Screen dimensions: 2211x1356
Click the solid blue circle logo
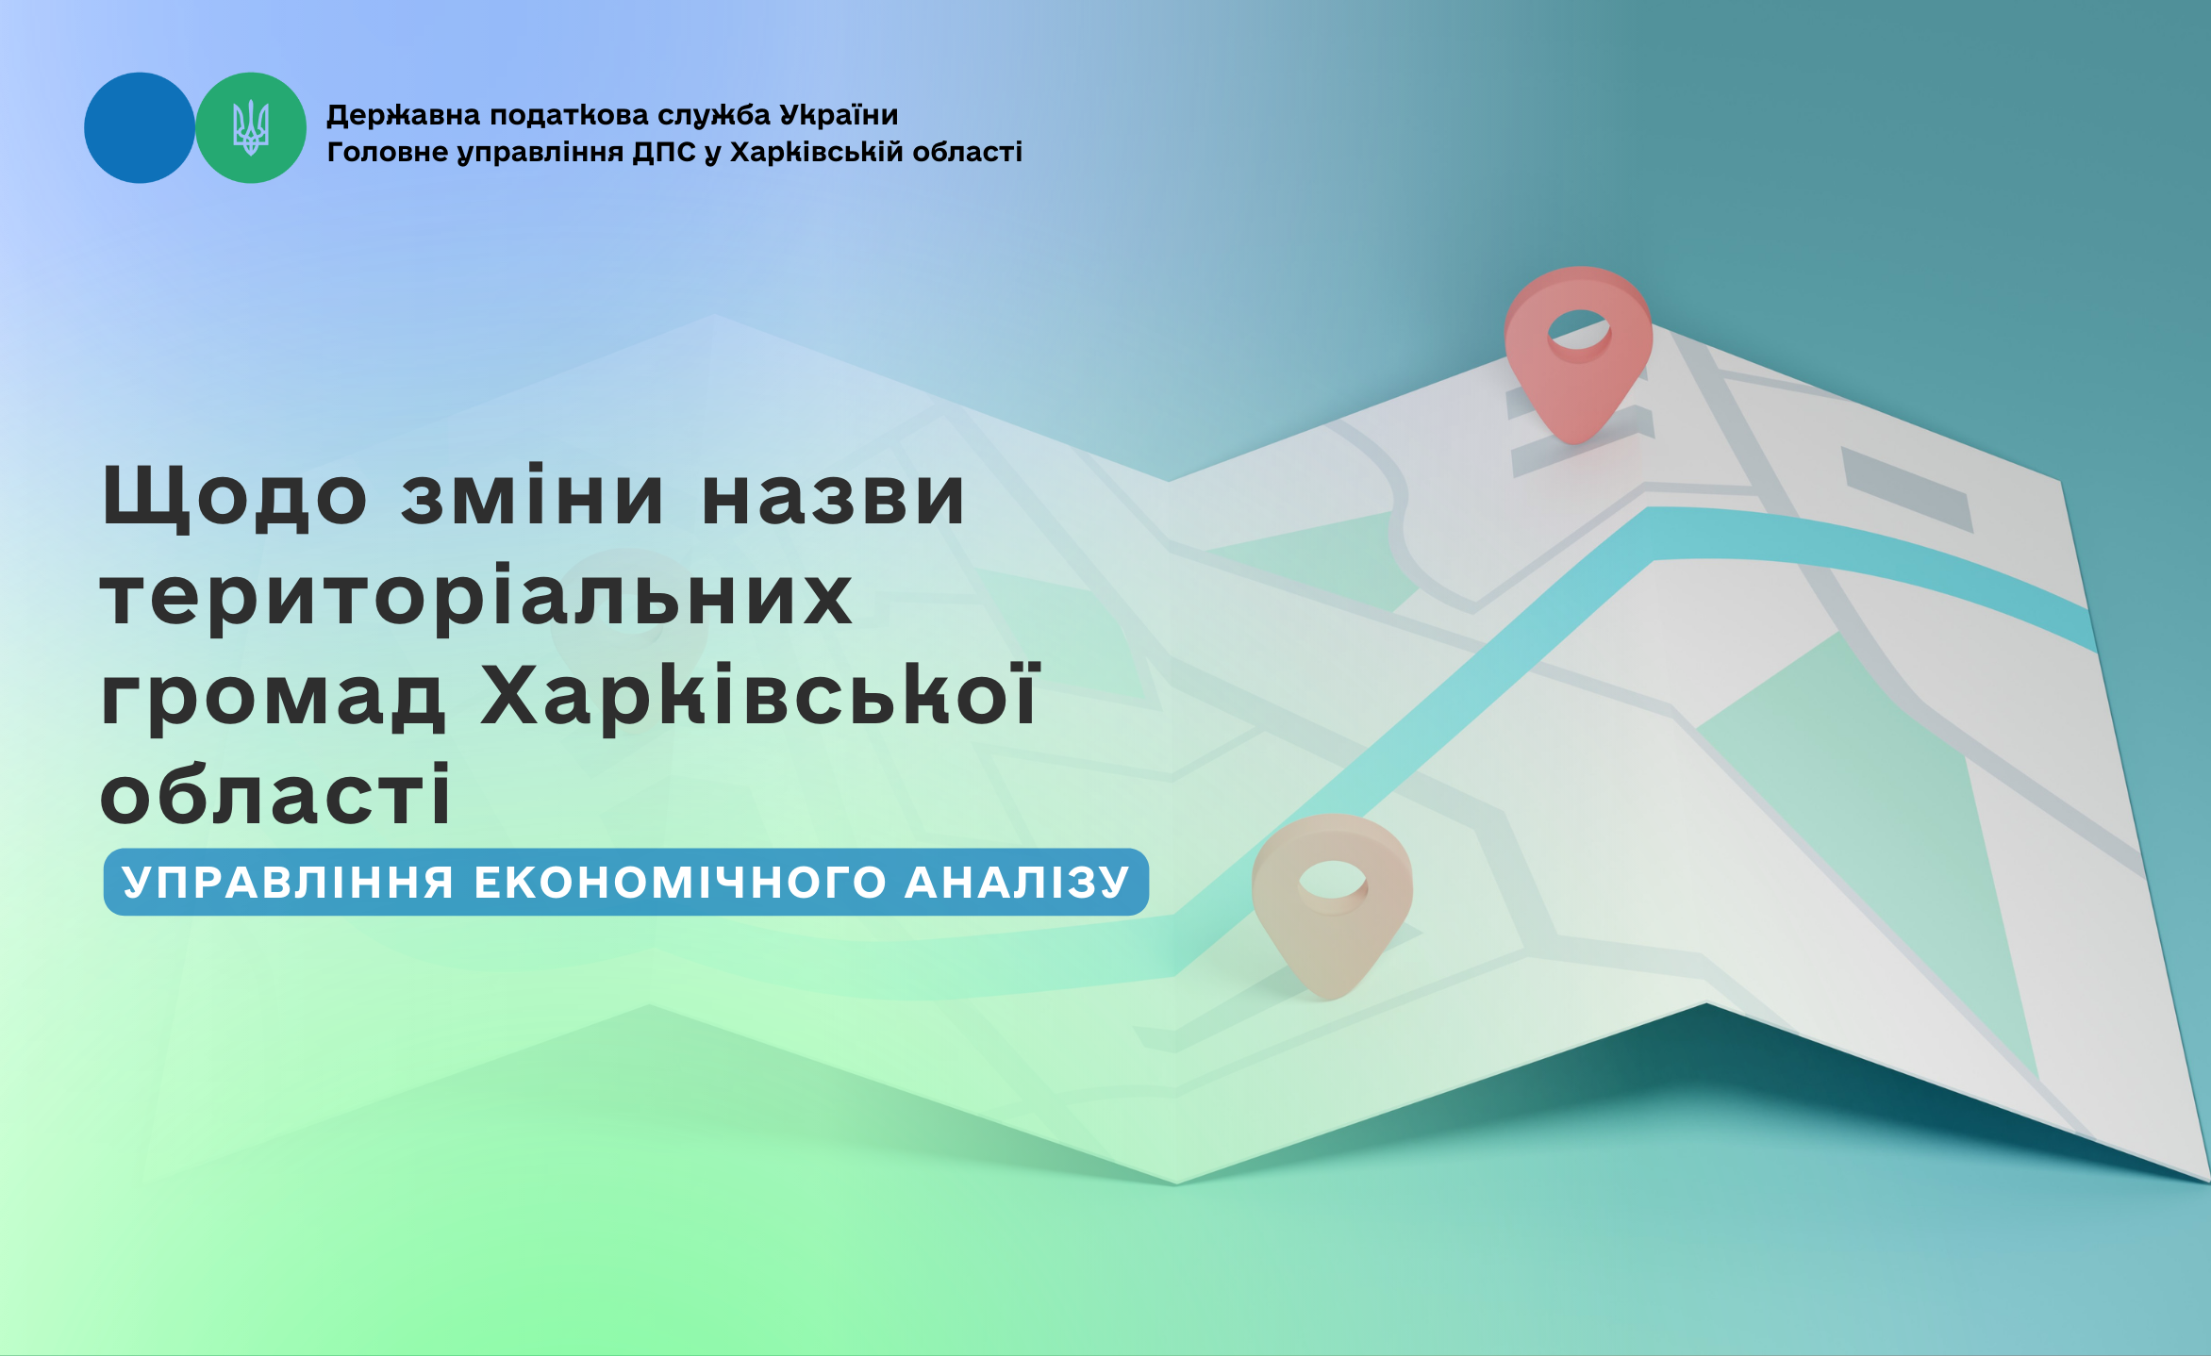140,128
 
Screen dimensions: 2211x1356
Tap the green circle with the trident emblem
251,128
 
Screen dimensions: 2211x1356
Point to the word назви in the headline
834,497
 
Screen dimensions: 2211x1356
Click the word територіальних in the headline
476,599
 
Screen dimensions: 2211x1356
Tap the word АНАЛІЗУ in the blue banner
1018,883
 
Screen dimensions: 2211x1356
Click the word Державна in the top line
404,116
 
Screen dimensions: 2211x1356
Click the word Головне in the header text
388,152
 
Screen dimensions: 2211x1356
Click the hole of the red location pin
1579,332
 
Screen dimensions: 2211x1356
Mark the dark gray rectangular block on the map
1907,489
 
